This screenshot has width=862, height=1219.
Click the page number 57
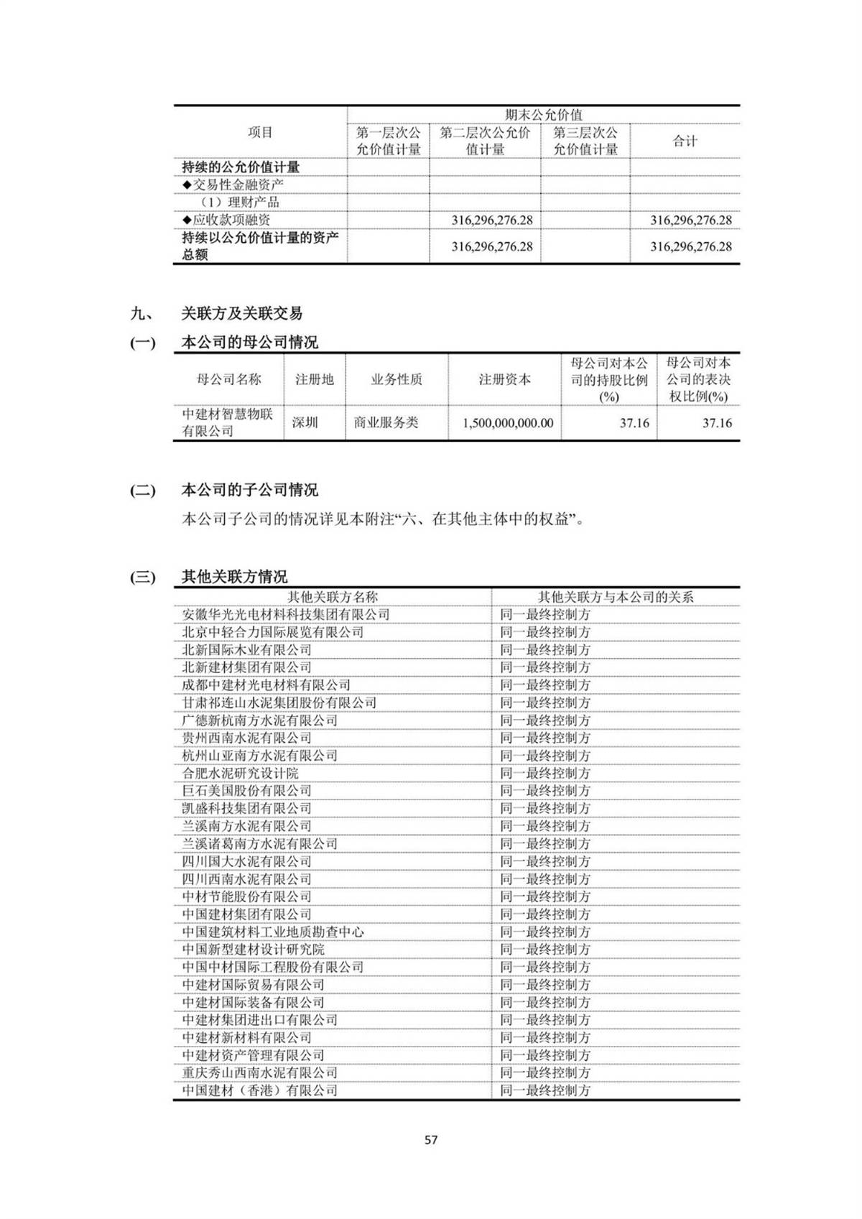pyautogui.click(x=431, y=1140)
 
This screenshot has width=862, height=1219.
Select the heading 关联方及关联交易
pyautogui.click(x=241, y=313)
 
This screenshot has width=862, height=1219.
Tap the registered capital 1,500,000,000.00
pyautogui.click(x=508, y=423)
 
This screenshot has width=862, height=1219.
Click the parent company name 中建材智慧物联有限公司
pyautogui.click(x=228, y=422)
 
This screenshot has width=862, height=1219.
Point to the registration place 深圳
pyautogui.click(x=305, y=422)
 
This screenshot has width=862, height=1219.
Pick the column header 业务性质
pyautogui.click(x=397, y=379)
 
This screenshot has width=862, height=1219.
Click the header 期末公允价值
pyautogui.click(x=543, y=115)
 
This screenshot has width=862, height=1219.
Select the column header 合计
pyautogui.click(x=685, y=141)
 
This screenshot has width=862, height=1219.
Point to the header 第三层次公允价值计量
pyautogui.click(x=585, y=141)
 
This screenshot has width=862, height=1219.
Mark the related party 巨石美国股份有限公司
pyautogui.click(x=246, y=791)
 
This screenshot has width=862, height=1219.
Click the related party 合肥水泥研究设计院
pyautogui.click(x=240, y=774)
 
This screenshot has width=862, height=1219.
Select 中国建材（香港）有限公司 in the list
pyautogui.click(x=259, y=1090)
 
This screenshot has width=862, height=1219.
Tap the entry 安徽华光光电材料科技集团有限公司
pyautogui.click(x=286, y=615)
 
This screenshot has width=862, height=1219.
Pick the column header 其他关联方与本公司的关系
pyautogui.click(x=616, y=597)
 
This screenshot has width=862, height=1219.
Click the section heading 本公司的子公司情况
pyautogui.click(x=249, y=491)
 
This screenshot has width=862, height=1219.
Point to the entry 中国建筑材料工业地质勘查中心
pyautogui.click(x=273, y=932)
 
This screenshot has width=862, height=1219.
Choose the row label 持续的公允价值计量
pyautogui.click(x=241, y=167)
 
